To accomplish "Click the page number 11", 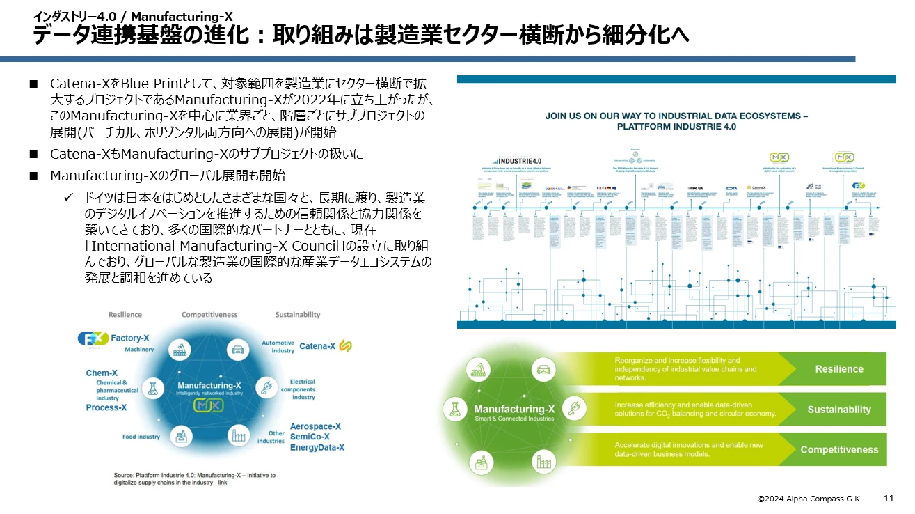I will [889, 499].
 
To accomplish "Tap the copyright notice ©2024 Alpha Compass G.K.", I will [810, 499].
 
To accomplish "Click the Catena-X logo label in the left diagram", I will [317, 345].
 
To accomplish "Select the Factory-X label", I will [130, 338].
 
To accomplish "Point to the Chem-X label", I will [102, 373].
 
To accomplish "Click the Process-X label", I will [106, 407].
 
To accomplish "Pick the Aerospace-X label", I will [315, 426].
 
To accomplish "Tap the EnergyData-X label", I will [317, 447].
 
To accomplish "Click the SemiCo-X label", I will [311, 437].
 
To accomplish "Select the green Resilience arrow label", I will [838, 369].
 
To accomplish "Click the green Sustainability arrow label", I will [838, 410].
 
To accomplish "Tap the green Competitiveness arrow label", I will [838, 450].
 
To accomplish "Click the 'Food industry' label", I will [141, 437].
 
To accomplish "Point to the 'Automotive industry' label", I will [278, 346].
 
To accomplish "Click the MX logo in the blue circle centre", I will [209, 405].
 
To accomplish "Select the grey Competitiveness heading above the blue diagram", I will [209, 315].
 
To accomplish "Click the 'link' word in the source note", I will [223, 482].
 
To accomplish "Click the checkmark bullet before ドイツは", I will [69, 199].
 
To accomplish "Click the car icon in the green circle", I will [543, 369].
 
